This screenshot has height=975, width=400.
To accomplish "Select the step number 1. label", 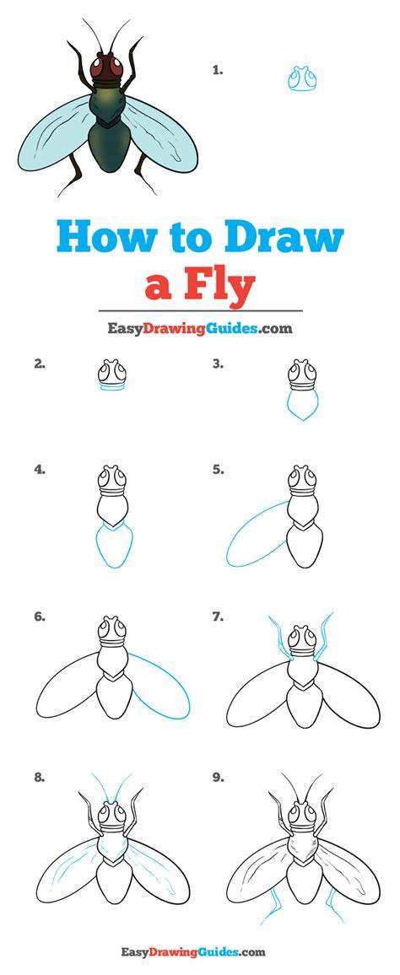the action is click(217, 70).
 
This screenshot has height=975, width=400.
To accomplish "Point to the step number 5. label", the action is click(217, 470).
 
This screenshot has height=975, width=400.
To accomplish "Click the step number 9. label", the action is click(217, 778).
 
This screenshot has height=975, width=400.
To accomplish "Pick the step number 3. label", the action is click(217, 364).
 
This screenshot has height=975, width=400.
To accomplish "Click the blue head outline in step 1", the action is click(302, 78).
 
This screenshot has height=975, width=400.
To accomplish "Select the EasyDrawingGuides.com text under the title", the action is click(200, 328).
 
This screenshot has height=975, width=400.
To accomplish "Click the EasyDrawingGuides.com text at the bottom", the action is click(193, 952).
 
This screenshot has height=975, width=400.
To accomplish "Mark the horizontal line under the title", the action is click(200, 311).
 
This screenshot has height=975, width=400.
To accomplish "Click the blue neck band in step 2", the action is click(112, 386).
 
